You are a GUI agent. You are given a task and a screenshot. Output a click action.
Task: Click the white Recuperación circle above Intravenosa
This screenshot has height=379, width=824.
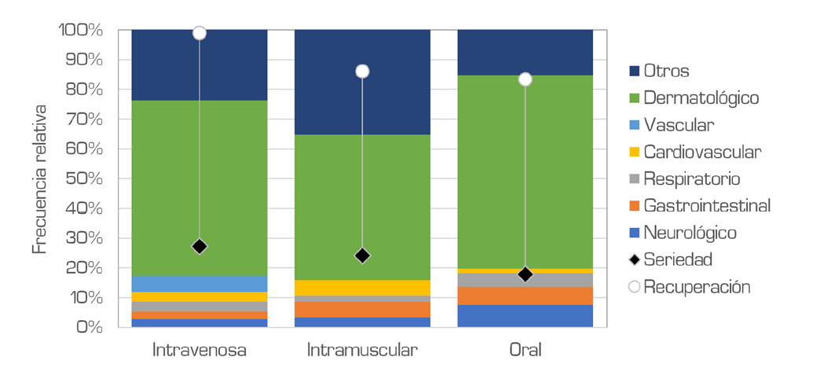(200, 33)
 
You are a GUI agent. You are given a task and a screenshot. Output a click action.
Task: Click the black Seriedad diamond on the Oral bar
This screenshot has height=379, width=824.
(526, 274)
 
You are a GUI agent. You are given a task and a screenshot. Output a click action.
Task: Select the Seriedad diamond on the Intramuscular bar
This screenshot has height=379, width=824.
(362, 256)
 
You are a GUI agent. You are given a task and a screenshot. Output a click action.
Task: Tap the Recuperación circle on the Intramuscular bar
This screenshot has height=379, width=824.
(362, 72)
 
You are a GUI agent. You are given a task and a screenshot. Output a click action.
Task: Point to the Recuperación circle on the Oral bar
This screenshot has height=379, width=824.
(526, 79)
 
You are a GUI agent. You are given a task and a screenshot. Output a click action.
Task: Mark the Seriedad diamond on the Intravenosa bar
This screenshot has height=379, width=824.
(200, 247)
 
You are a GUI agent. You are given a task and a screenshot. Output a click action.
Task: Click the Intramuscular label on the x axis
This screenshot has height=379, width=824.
(362, 350)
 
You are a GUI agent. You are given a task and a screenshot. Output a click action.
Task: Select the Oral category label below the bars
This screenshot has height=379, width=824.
(526, 350)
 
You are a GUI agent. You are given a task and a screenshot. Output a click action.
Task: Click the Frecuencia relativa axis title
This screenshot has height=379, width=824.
(38, 178)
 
